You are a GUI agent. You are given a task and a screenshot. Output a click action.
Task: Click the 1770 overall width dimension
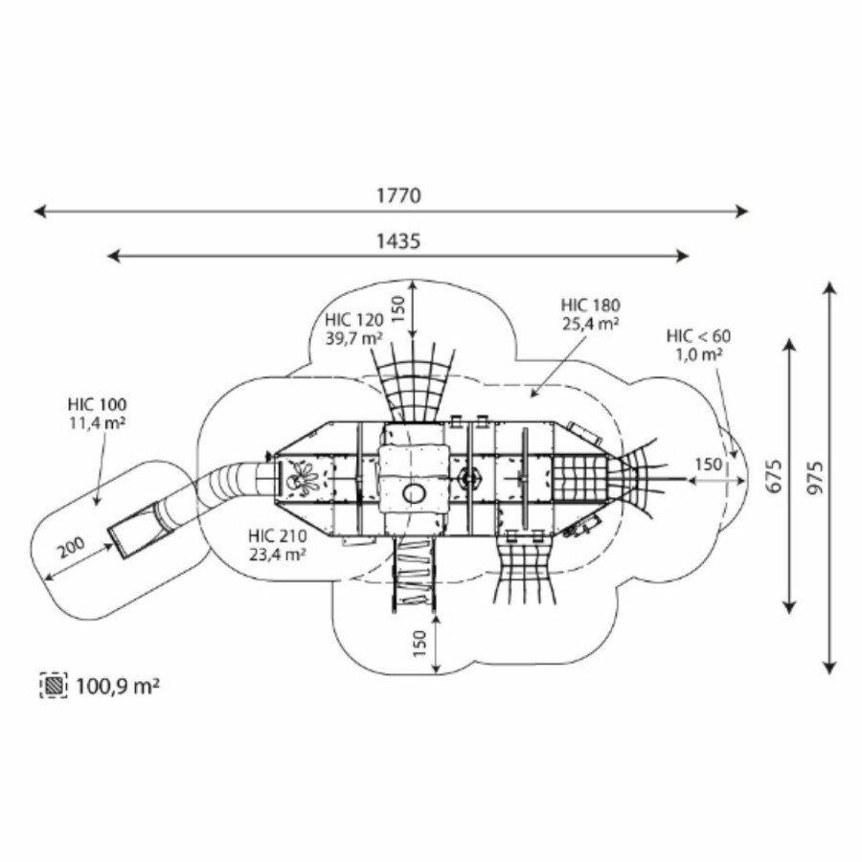tap(398, 195)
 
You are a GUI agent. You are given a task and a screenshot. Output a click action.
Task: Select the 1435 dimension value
tap(398, 240)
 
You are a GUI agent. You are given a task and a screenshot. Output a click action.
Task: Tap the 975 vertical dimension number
tap(816, 477)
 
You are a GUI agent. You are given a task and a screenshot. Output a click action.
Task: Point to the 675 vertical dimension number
tap(774, 475)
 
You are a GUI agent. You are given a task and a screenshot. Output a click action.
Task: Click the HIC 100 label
tap(98, 404)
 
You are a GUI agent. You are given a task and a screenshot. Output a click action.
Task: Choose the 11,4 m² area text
tap(98, 423)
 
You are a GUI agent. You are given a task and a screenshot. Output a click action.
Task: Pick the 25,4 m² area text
tap(590, 324)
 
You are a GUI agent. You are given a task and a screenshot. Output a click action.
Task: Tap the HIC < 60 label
tap(699, 335)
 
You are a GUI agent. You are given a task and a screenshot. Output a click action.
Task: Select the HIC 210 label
tap(278, 535)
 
